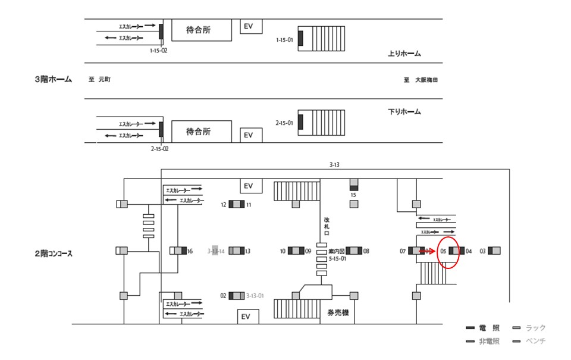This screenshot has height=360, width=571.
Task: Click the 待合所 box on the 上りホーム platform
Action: [201, 30]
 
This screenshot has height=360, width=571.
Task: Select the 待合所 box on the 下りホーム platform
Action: [201, 131]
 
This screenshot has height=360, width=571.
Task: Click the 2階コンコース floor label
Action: [54, 253]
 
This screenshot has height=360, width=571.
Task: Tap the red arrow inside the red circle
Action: [426, 251]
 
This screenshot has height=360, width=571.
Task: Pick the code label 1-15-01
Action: [285, 39]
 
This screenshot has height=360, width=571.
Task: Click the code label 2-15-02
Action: [159, 149]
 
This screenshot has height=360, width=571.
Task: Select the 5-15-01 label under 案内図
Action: [337, 259]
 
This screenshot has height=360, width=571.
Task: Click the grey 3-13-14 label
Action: [215, 251]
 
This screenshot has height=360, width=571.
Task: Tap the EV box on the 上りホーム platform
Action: [249, 27]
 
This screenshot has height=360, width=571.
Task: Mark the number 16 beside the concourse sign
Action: [190, 251]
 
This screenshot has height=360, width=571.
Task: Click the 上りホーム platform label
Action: [404, 54]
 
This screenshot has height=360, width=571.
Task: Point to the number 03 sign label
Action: [483, 251]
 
